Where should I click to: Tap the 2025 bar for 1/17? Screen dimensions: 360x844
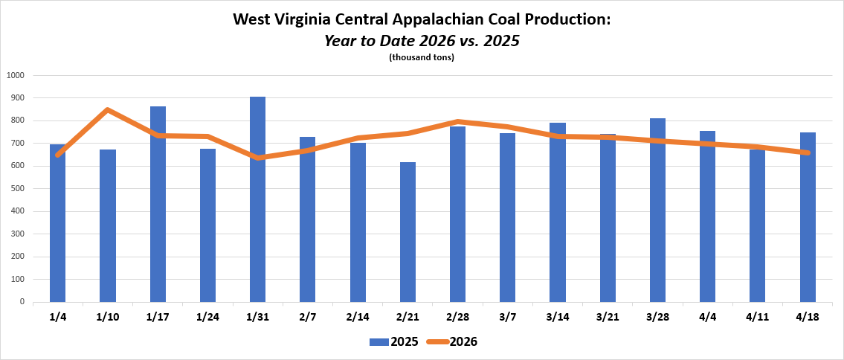[158, 205]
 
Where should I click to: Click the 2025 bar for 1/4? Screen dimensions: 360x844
[57, 223]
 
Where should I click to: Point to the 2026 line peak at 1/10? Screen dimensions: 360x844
[108, 110]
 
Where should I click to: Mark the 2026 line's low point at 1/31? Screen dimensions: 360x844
[257, 158]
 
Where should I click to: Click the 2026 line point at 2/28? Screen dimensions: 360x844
[457, 121]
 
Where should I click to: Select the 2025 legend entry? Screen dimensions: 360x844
[393, 342]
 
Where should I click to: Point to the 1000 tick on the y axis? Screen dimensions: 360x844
[16, 75]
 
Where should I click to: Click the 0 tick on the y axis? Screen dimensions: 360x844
[22, 303]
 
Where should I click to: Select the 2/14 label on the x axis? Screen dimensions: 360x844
[358, 317]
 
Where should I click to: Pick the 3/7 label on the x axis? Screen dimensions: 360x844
[507, 317]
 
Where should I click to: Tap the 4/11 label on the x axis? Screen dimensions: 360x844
[757, 317]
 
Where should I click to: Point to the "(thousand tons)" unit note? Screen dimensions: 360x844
[422, 57]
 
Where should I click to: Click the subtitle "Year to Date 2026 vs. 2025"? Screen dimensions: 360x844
[422, 40]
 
